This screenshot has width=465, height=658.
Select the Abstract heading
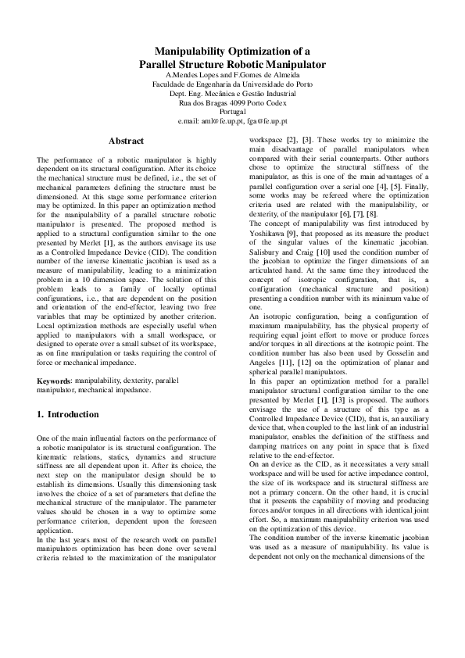(x=126, y=141)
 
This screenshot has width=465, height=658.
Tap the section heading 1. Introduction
(x=69, y=414)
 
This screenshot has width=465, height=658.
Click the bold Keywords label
(x=54, y=381)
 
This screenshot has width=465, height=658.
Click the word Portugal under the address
(x=232, y=112)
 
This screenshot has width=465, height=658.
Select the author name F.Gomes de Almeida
(x=259, y=74)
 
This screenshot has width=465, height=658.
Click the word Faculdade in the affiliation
(x=170, y=84)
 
